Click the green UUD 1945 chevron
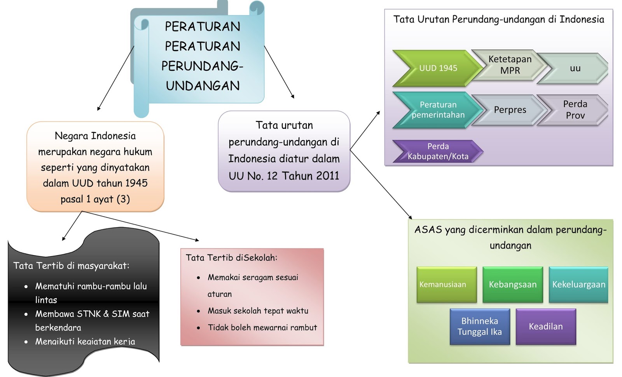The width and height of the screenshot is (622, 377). click(x=438, y=68)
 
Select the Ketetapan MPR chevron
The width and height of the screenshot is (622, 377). click(x=510, y=65)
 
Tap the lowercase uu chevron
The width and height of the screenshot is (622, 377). click(x=575, y=69)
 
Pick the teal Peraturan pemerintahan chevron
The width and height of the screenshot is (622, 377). click(x=438, y=110)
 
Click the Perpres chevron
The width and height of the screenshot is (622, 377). click(x=510, y=110)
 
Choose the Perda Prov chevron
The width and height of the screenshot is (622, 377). click(x=575, y=110)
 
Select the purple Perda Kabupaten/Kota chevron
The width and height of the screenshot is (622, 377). click(x=438, y=151)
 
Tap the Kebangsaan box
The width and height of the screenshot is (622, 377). click(x=512, y=285)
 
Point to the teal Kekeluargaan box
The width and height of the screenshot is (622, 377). click(x=578, y=285)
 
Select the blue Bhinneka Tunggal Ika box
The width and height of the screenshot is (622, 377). click(x=479, y=327)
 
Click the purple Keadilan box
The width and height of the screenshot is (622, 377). click(x=545, y=327)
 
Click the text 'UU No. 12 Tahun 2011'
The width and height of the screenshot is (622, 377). click(x=284, y=176)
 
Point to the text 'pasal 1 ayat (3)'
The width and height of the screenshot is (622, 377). click(x=95, y=199)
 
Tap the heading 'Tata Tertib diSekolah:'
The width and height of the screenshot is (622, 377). click(x=231, y=258)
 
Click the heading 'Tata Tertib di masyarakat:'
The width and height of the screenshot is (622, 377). click(x=71, y=266)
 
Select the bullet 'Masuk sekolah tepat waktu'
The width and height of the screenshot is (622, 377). click(x=258, y=311)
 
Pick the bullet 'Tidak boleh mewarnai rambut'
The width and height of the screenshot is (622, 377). click(x=262, y=328)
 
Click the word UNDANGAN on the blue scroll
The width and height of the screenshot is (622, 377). click(x=203, y=86)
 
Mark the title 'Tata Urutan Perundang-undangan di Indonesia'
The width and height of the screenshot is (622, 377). click(x=498, y=20)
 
